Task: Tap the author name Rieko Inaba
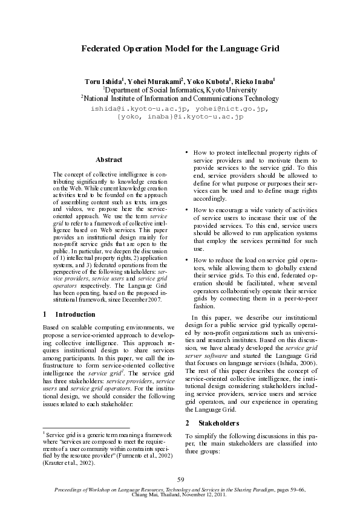(x=255, y=80)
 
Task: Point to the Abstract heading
(x=109, y=160)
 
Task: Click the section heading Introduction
(x=75, y=314)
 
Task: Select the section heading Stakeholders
(x=220, y=423)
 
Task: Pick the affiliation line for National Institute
(x=180, y=99)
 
